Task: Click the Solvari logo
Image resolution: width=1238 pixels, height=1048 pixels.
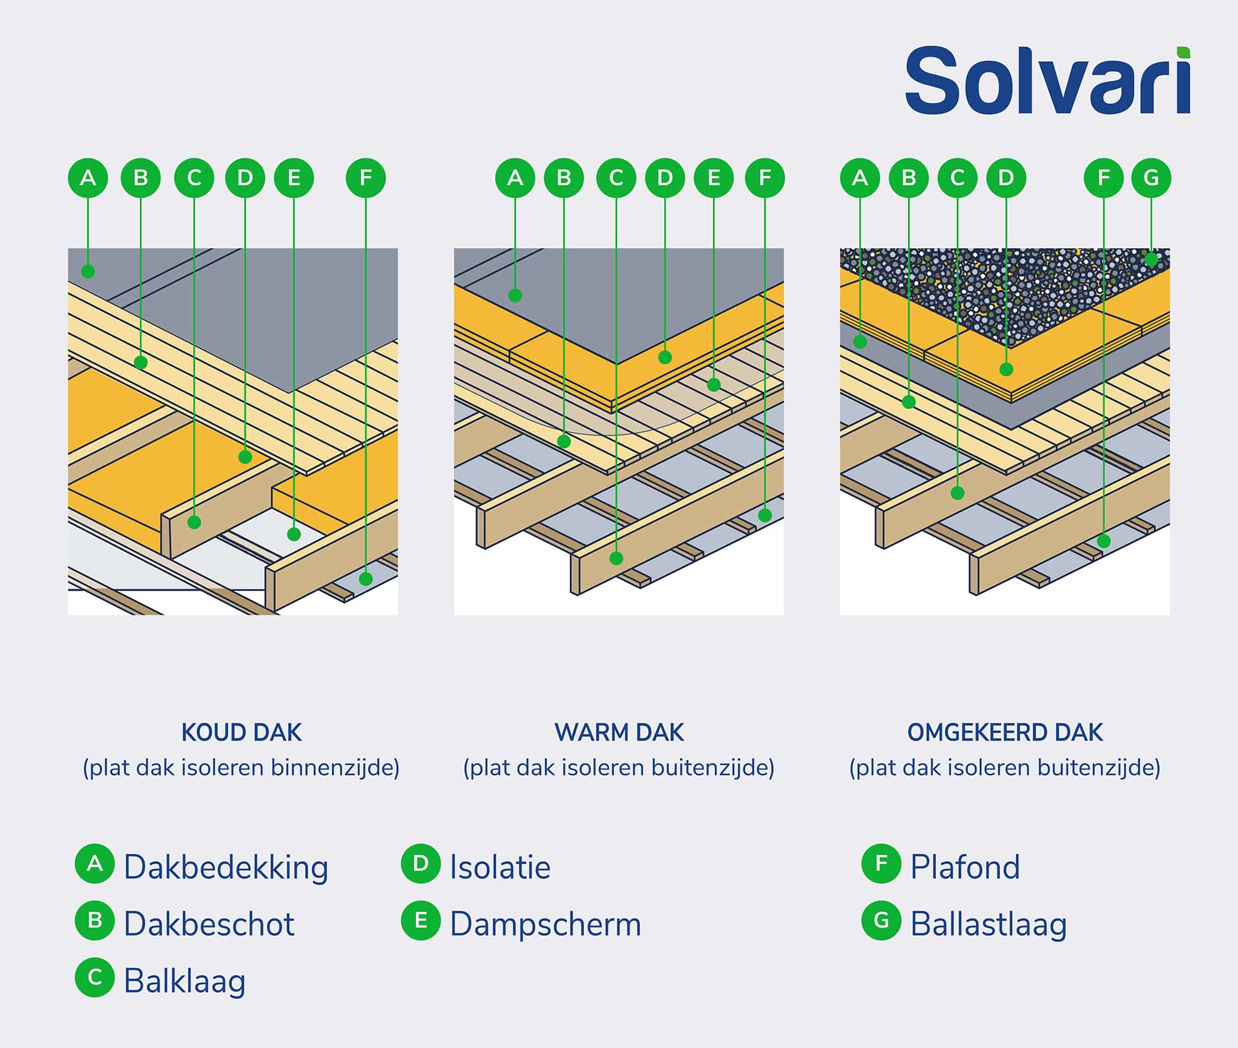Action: coord(1047,82)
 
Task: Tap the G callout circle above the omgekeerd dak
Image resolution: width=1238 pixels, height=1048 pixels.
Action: coord(1151,178)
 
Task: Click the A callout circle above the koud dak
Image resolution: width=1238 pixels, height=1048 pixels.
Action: coord(88,178)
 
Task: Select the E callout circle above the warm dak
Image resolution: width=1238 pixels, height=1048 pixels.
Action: coord(714,178)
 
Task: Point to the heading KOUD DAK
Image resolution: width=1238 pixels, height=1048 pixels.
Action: coord(241,732)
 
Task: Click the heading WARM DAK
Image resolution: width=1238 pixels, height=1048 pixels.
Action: coord(619,732)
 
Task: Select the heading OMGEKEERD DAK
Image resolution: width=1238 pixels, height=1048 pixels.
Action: coord(1005,732)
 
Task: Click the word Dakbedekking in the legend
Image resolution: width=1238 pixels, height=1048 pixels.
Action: coord(226,867)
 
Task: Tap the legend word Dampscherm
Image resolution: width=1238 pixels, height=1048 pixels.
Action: coord(545,924)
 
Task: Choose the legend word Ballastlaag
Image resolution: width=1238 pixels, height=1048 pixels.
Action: coord(989,924)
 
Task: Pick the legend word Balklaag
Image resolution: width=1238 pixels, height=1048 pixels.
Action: coord(184,981)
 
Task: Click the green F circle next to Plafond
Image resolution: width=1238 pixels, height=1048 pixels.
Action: coord(881,863)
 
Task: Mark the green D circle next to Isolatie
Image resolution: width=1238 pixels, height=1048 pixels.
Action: coord(420,863)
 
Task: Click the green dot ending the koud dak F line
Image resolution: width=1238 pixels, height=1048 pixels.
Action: coord(366,579)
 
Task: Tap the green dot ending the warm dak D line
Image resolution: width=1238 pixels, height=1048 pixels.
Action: coord(665,357)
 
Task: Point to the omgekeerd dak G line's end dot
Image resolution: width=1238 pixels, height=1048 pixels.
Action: coord(1151,259)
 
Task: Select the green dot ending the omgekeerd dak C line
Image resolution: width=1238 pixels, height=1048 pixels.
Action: coord(958,493)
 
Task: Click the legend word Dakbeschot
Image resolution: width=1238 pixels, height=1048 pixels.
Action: coord(209,924)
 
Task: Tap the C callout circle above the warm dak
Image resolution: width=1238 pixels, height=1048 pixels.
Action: coord(616,178)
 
